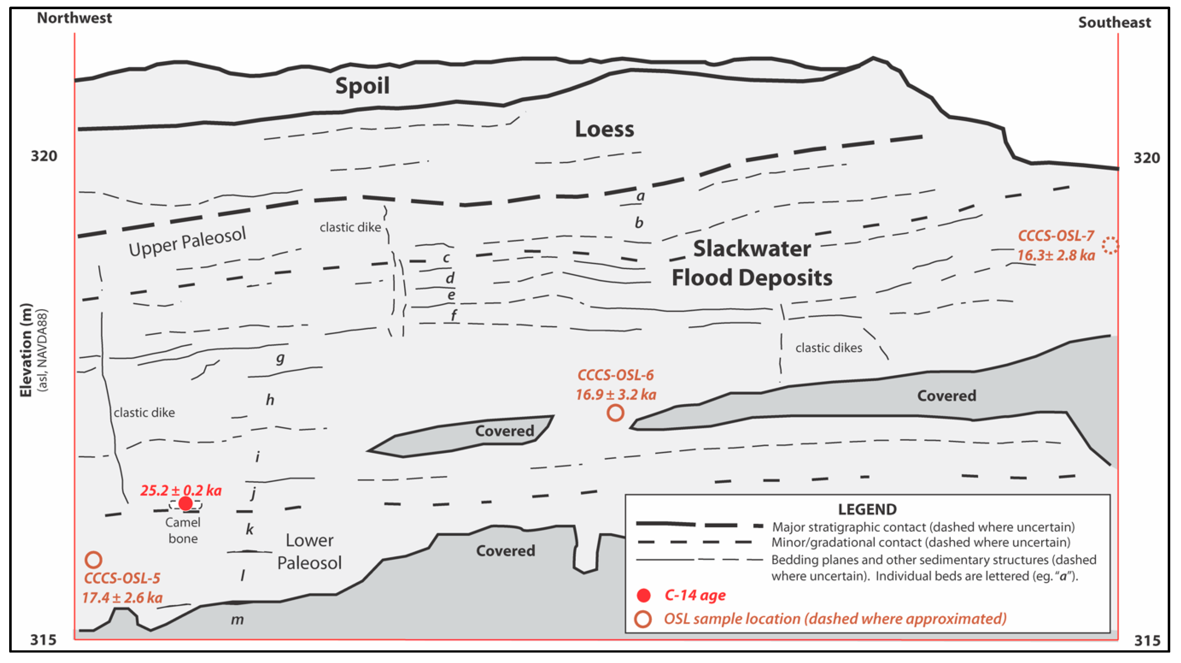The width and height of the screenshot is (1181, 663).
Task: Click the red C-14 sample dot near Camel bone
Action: pos(186,503)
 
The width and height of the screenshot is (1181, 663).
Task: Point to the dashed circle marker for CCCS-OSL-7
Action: pos(1110,246)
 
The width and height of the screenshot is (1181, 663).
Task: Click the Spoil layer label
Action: pos(362,86)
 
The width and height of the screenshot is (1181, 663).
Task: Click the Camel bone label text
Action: pos(183,530)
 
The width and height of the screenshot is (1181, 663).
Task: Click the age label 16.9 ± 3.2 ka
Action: pos(616,395)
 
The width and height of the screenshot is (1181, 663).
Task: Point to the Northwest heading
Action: pos(74,18)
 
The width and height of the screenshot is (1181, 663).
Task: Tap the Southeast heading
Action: pos(1114,22)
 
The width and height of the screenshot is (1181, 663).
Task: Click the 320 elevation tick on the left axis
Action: pos(44,156)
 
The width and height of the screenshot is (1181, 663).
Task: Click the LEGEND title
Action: pos(867,509)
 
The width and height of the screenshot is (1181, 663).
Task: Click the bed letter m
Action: pos(237,620)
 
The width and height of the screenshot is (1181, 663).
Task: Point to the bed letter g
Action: pos(280,358)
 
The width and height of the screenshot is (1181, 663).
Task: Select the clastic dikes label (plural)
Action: pos(828,348)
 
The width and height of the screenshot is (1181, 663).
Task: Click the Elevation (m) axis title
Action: pos(26,350)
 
